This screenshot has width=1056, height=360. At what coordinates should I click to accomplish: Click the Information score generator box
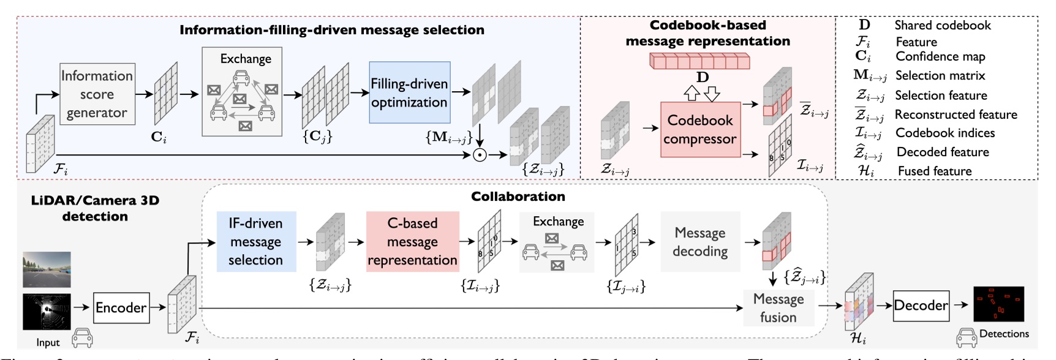[x=97, y=94]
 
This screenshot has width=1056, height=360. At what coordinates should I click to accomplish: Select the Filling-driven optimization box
[x=409, y=92]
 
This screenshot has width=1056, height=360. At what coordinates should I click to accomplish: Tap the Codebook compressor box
[x=700, y=129]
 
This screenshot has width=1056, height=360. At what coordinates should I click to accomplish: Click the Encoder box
[x=121, y=307]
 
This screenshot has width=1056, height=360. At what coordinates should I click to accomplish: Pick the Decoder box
[x=921, y=306]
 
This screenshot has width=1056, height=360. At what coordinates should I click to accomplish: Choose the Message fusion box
[x=778, y=308]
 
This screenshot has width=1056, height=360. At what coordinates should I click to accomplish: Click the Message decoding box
[x=700, y=242]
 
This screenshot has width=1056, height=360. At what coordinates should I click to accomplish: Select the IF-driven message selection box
[x=256, y=242]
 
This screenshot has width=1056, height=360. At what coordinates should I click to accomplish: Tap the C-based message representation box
[x=412, y=242]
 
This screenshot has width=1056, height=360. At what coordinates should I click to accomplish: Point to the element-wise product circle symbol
[x=480, y=155]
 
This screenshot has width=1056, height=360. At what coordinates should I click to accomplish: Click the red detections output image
[x=998, y=304]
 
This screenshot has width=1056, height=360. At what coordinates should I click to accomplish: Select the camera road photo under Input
[x=47, y=269]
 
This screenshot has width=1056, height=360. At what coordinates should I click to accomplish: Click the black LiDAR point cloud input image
[x=47, y=311]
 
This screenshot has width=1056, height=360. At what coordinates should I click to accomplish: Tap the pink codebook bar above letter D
[x=700, y=61]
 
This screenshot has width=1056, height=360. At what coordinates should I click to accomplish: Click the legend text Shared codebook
[x=942, y=25]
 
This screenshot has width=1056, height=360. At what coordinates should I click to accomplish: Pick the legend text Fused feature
[x=934, y=171]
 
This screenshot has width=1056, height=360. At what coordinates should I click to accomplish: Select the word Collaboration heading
[x=518, y=197]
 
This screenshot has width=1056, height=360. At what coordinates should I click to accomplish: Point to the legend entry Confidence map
[x=940, y=57]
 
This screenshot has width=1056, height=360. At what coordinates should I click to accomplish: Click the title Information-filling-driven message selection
[x=331, y=30]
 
